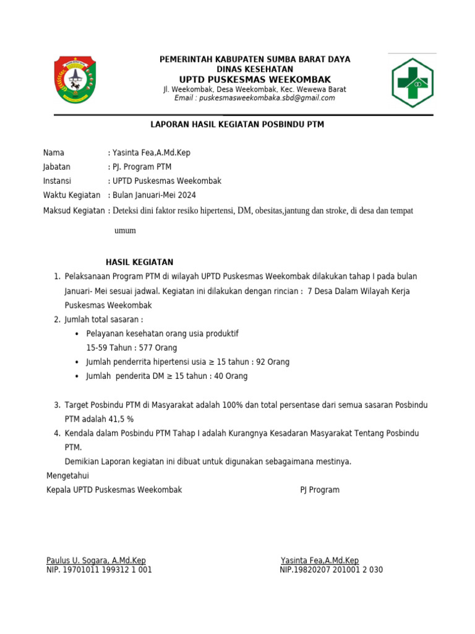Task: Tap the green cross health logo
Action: [413, 82]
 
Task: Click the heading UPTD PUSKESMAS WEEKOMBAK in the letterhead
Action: [255, 79]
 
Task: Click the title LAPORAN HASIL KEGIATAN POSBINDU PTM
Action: [237, 124]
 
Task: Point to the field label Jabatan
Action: [57, 167]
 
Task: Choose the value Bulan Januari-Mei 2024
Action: [153, 195]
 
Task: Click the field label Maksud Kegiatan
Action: [74, 211]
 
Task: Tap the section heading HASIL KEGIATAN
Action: [140, 263]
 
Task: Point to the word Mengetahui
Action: [68, 475]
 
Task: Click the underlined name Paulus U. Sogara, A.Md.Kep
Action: [96, 560]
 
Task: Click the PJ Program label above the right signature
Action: [320, 490]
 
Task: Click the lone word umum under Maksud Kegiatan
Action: [125, 230]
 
